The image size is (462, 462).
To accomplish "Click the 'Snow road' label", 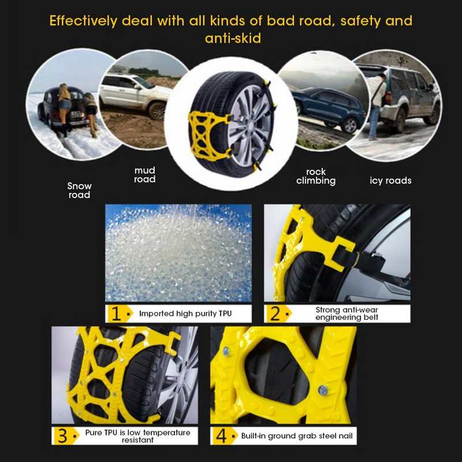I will pyautogui.click(x=79, y=191).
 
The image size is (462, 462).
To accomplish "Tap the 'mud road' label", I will pyautogui.click(x=144, y=175).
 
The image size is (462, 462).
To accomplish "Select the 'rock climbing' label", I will pyautogui.click(x=316, y=177).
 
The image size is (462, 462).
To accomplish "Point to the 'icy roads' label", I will pyautogui.click(x=390, y=181).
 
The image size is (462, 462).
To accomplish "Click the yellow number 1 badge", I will pyautogui.click(x=117, y=314).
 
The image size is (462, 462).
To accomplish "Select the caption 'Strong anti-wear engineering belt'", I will pyautogui.click(x=346, y=314).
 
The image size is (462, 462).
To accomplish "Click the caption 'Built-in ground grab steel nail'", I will pyautogui.click(x=297, y=435).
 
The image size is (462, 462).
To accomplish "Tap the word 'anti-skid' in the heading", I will pyautogui.click(x=231, y=39).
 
